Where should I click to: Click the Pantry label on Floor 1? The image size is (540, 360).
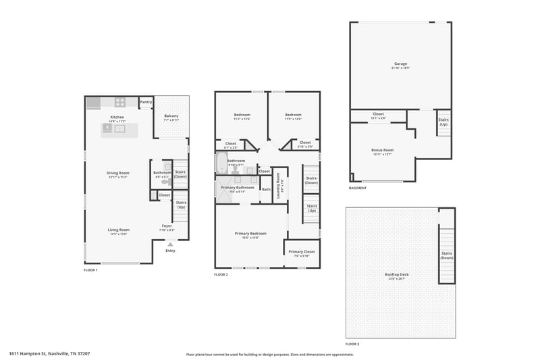(x=146, y=103)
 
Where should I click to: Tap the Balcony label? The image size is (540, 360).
(x=171, y=116)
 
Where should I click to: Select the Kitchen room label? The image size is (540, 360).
(x=117, y=117)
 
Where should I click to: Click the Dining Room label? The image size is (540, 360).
(x=118, y=173)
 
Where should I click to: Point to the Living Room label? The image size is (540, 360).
(x=118, y=230)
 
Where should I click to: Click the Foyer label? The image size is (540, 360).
(x=167, y=226)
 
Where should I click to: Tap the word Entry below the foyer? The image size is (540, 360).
(x=170, y=251)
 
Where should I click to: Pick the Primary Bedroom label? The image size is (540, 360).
(x=247, y=234)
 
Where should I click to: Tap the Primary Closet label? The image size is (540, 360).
(x=301, y=252)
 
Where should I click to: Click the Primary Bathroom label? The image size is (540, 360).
(x=238, y=187)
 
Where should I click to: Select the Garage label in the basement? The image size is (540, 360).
(x=400, y=65)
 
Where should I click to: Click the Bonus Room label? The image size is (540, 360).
(x=382, y=150)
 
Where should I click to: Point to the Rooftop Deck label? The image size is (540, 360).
(x=396, y=274)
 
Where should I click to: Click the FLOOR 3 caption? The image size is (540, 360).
(x=352, y=344)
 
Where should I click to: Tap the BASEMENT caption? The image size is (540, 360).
(x=358, y=188)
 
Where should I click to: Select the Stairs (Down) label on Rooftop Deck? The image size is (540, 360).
(x=447, y=256)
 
